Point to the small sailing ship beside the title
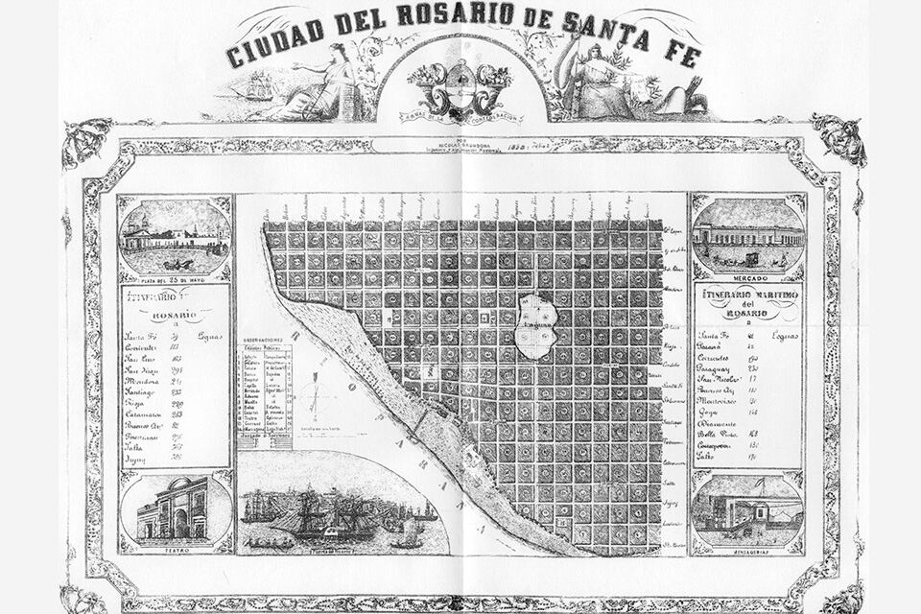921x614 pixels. click(x=257, y=89)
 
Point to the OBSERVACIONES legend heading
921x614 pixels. click(x=264, y=341)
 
